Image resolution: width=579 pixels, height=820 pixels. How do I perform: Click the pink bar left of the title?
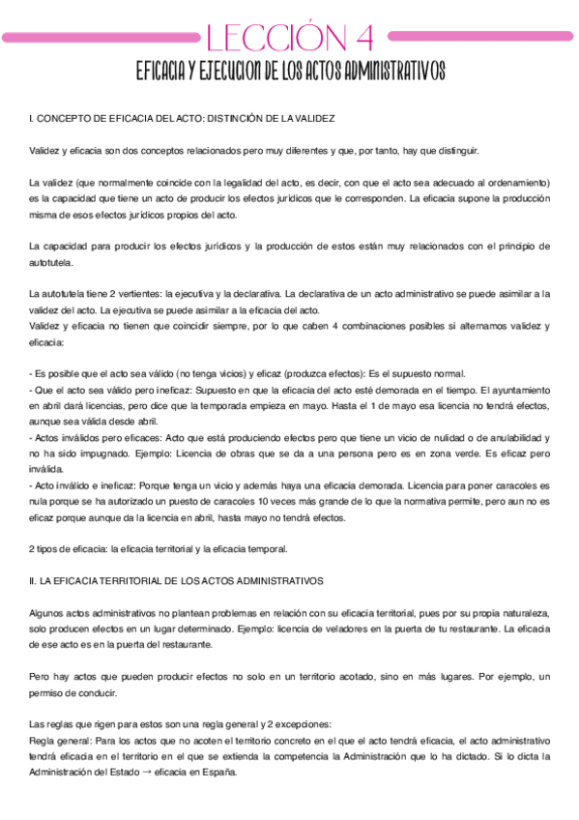pos(101,36)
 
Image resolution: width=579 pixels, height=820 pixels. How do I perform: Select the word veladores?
pos(359,629)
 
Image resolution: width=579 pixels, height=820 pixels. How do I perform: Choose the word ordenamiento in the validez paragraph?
pos(520,183)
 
